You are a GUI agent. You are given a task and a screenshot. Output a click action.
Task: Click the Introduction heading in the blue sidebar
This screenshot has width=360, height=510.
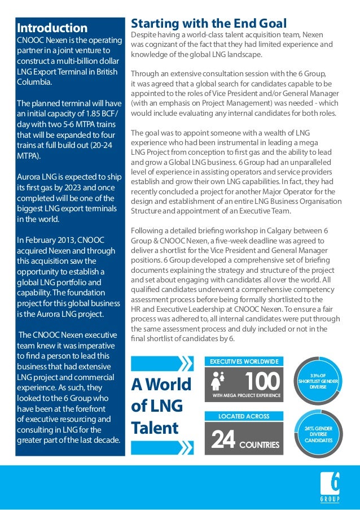click(x=52, y=28)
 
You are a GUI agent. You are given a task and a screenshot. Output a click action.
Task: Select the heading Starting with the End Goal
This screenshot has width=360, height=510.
click(x=209, y=24)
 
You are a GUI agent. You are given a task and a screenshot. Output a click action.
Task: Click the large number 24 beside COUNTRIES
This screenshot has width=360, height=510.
click(x=222, y=442)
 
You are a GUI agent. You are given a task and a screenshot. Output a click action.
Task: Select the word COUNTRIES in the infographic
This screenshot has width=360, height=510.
click(x=259, y=445)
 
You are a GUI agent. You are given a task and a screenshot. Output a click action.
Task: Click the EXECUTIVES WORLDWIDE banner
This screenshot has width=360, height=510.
click(x=244, y=360)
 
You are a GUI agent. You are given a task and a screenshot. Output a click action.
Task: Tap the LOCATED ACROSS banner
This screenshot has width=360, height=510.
click(x=244, y=416)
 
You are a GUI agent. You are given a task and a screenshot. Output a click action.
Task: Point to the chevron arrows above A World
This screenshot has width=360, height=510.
click(x=161, y=361)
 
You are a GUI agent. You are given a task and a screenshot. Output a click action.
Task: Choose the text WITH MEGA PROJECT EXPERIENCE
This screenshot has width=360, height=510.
click(x=247, y=396)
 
